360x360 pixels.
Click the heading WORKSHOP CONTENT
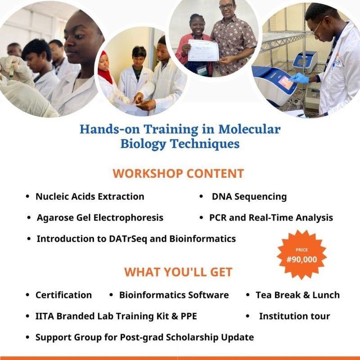pyautogui.click(x=178, y=173)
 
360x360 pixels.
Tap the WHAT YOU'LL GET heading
pyautogui.click(x=178, y=272)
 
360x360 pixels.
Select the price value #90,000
pyautogui.click(x=301, y=260)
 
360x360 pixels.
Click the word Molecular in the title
pyautogui.click(x=249, y=129)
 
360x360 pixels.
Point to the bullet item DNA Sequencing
pyautogui.click(x=249, y=197)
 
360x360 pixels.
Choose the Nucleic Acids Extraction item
pyautogui.click(x=90, y=197)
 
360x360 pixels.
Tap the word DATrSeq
pyautogui.click(x=128, y=239)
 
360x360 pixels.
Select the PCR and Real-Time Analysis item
pyautogui.click(x=271, y=218)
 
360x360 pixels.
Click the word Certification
pyautogui.click(x=63, y=295)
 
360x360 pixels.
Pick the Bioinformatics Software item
pyautogui.click(x=174, y=295)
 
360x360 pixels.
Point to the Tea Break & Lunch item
pyautogui.click(x=297, y=295)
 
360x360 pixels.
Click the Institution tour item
pyautogui.click(x=294, y=316)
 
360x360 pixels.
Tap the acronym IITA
pyautogui.click(x=45, y=316)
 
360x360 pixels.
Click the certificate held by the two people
pyautogui.click(x=203, y=50)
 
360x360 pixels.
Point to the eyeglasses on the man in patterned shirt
pyautogui.click(x=226, y=6)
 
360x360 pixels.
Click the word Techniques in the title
pyautogui.click(x=205, y=144)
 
